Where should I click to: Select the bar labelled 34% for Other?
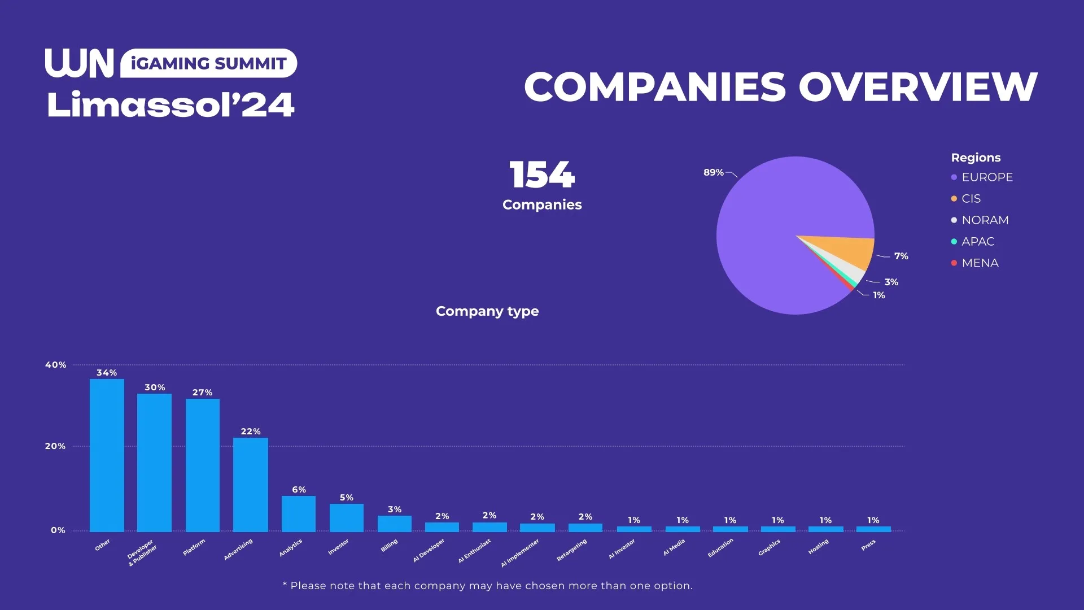tap(107, 455)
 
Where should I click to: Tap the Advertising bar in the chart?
tap(251, 484)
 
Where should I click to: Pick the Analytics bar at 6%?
tap(299, 513)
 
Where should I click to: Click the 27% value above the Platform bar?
tap(202, 393)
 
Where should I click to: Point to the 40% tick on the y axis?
tap(56, 365)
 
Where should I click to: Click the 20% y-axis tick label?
tap(55, 446)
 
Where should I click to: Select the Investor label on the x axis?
tap(339, 547)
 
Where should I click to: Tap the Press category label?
tap(868, 545)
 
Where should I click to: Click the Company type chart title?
tap(487, 311)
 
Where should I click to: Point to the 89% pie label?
tap(713, 172)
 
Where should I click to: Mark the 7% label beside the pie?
tap(901, 256)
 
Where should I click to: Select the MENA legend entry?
tap(980, 263)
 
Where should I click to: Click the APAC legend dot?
tap(954, 242)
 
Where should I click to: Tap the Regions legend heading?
tap(976, 158)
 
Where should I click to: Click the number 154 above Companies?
tap(542, 175)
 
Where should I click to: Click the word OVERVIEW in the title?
tap(917, 88)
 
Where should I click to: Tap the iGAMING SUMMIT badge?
tap(208, 63)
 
